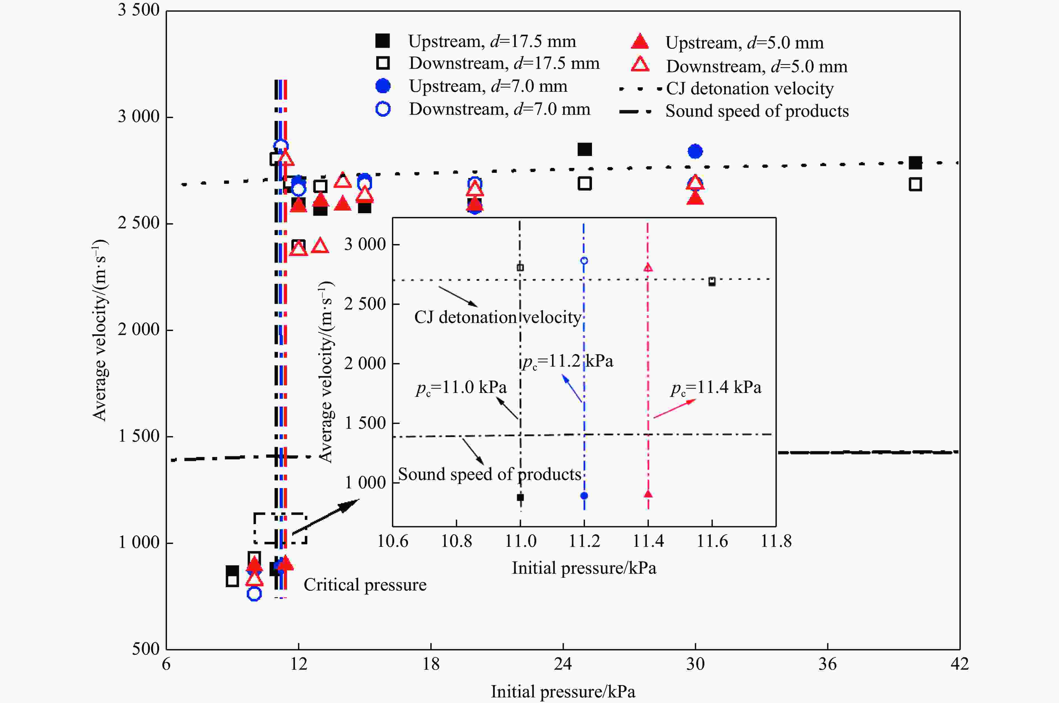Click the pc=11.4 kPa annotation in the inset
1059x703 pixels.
tap(716, 387)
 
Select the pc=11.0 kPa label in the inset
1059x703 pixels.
tap(461, 387)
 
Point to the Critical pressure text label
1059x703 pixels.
tap(365, 585)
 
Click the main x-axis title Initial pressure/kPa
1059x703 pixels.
tap(563, 691)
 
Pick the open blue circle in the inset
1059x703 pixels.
tap(584, 261)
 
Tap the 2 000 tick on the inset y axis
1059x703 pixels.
tap(365, 363)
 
